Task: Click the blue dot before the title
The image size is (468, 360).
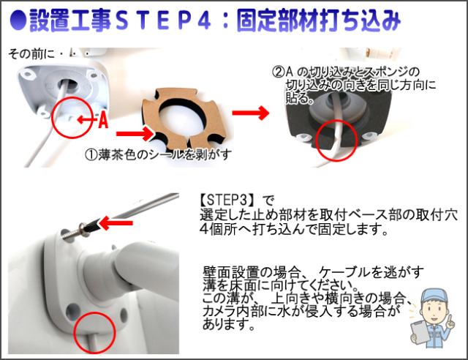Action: [x=18, y=20]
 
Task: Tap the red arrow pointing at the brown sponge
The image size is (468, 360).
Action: [x=135, y=134]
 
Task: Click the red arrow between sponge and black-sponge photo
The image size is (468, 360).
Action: [x=251, y=113]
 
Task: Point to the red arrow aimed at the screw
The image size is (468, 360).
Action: [x=116, y=223]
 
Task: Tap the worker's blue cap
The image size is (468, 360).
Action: [x=434, y=296]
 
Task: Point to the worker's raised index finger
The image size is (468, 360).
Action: [x=451, y=318]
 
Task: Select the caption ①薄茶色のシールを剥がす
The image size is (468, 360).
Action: [x=158, y=154]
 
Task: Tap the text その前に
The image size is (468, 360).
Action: [x=31, y=53]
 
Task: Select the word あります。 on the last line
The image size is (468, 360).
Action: [x=229, y=324]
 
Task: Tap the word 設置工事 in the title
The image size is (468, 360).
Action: [x=70, y=20]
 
